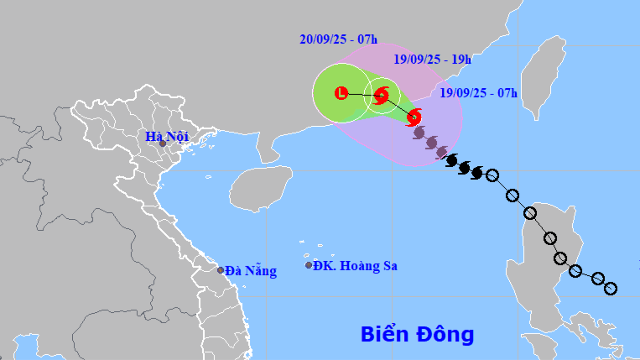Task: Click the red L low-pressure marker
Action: click(341, 92)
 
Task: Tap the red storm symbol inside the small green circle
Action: click(381, 96)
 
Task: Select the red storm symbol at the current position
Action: click(414, 117)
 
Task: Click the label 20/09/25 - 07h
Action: click(338, 39)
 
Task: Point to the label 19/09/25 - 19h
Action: click(432, 59)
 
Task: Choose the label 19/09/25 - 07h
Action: click(479, 91)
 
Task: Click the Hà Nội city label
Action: click(166, 136)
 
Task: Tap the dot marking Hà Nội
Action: click(163, 143)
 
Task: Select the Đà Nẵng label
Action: click(251, 270)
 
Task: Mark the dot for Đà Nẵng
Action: click(221, 270)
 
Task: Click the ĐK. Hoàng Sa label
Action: click(356, 266)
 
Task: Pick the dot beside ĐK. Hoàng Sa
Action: click(309, 265)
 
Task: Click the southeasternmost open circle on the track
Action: click(611, 289)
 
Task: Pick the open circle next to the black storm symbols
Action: click(492, 176)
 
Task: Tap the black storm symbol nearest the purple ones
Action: click(451, 159)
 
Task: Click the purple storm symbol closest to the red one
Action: click(419, 132)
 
